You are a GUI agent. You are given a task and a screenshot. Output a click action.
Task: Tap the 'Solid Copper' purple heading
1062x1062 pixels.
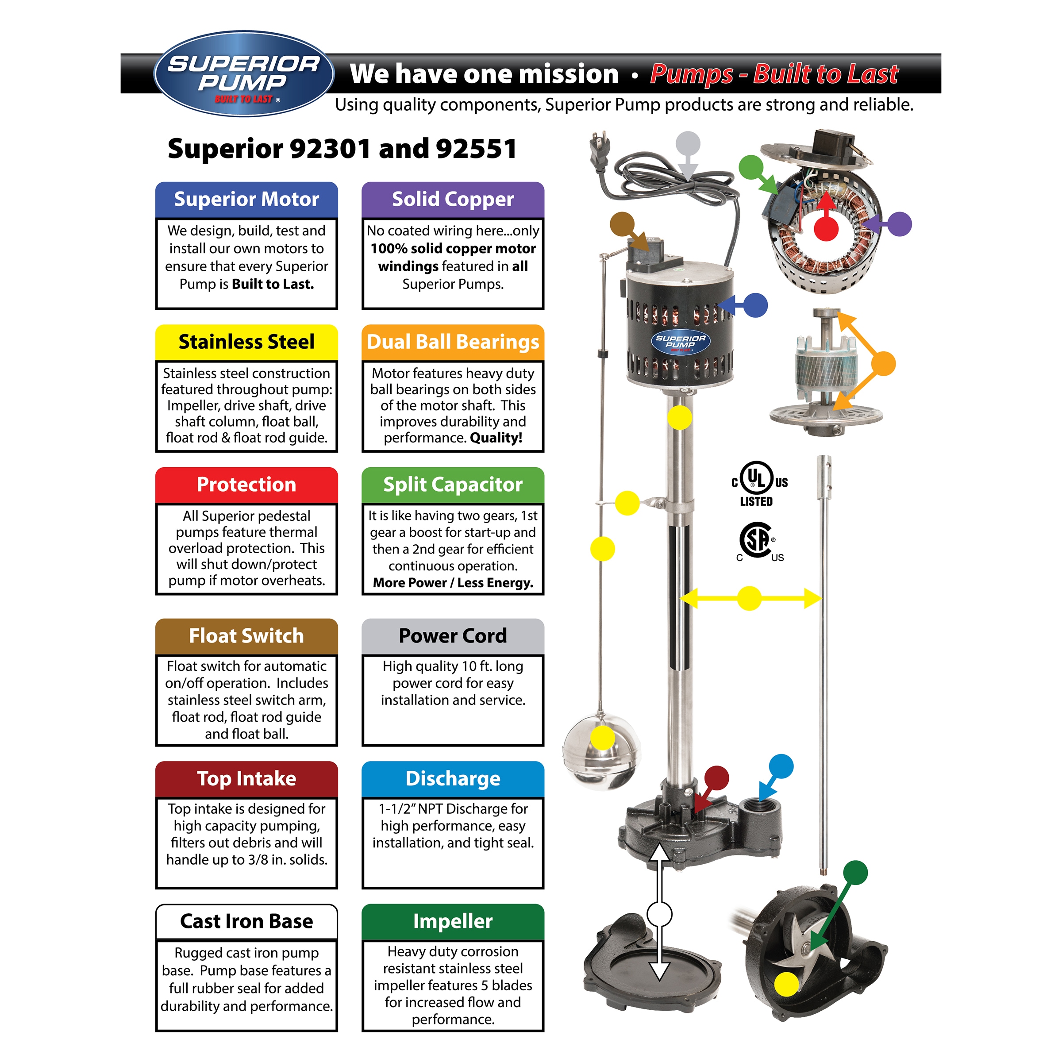coord(452,199)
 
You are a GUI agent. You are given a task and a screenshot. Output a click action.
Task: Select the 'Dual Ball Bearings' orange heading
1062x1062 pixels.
coord(452,342)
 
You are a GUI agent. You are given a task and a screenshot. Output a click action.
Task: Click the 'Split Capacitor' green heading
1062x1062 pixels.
coord(452,484)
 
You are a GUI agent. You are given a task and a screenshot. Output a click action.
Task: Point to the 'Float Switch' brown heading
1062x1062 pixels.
coord(246,636)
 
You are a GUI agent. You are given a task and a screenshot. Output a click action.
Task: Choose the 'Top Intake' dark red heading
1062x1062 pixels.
coord(246,779)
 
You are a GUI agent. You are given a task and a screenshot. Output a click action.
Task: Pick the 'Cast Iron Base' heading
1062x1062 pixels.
coord(246,921)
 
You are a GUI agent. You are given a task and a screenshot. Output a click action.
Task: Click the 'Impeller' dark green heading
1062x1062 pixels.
coord(452,921)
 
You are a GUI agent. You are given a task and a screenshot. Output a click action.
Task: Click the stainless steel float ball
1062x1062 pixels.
coord(601,750)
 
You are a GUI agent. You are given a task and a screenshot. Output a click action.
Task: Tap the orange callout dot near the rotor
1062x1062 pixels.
coord(883,364)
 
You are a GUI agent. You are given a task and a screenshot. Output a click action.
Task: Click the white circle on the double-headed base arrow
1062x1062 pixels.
coord(659,915)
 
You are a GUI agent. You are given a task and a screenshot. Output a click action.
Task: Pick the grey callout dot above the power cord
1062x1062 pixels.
coord(688,144)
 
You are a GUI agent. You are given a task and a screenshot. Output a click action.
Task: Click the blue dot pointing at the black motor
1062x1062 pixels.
coord(755,305)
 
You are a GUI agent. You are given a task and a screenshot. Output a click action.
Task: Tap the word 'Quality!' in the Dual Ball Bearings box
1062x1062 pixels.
coord(496,438)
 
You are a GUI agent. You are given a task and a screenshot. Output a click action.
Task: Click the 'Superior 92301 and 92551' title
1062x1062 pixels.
coord(342,148)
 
